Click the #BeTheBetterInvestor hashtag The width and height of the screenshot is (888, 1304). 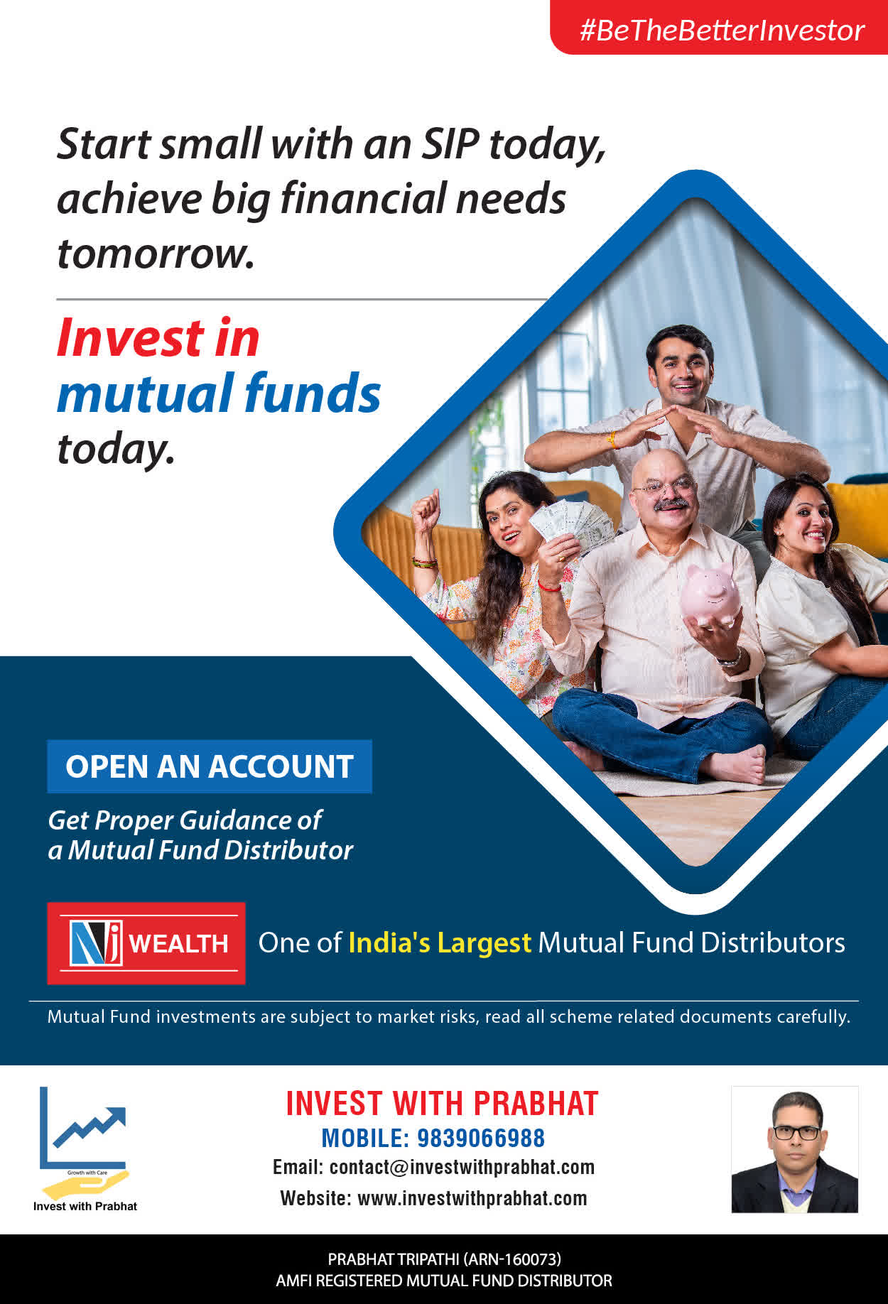click(722, 31)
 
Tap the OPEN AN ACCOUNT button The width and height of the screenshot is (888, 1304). click(210, 766)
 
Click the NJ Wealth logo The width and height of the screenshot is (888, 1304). click(146, 943)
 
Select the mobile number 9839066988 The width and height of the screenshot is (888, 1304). click(481, 1138)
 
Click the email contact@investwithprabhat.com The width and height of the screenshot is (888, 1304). click(462, 1167)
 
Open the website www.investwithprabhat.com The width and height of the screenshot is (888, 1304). click(472, 1198)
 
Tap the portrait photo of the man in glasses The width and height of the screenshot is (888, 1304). click(795, 1149)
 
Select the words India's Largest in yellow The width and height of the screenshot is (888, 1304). click(440, 942)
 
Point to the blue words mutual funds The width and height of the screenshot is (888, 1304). click(219, 393)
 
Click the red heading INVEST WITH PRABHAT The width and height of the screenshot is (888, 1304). click(442, 1104)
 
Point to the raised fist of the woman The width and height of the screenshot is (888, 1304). click(426, 507)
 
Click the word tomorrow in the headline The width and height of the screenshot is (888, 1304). click(156, 254)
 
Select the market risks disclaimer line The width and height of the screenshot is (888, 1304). click(449, 1016)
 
